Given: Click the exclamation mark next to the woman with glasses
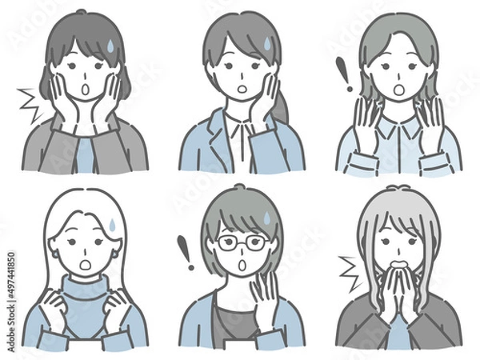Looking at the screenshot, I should [186, 250].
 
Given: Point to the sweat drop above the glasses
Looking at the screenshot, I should [265, 217].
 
